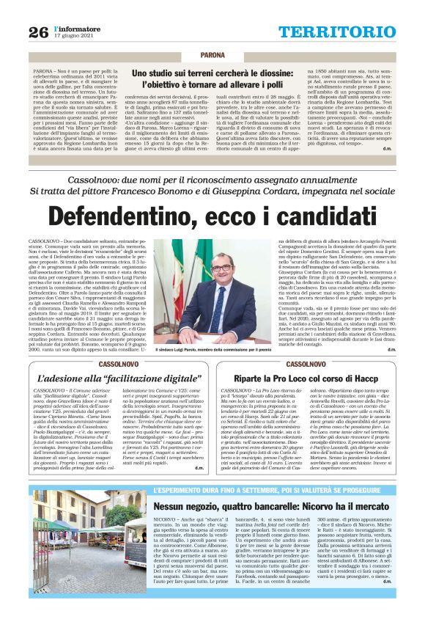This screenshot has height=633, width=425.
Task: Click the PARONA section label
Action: pyautogui.click(x=212, y=55)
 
